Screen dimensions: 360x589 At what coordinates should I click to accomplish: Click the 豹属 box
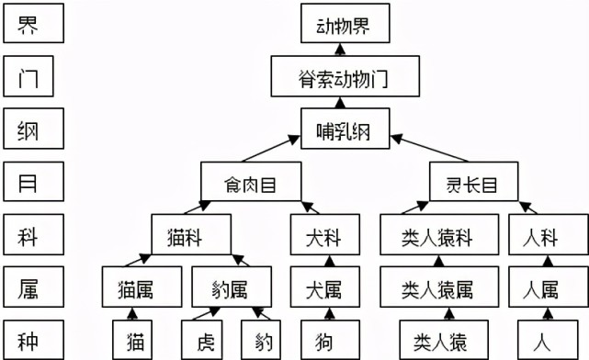pyautogui.click(x=232, y=290)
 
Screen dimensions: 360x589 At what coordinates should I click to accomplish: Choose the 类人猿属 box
pyautogui.click(x=437, y=290)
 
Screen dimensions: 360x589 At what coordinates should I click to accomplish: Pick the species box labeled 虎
pyautogui.click(x=204, y=341)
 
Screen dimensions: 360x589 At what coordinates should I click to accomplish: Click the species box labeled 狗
pyautogui.click(x=321, y=341)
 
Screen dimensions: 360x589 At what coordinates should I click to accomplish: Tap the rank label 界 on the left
pyautogui.click(x=32, y=25)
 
